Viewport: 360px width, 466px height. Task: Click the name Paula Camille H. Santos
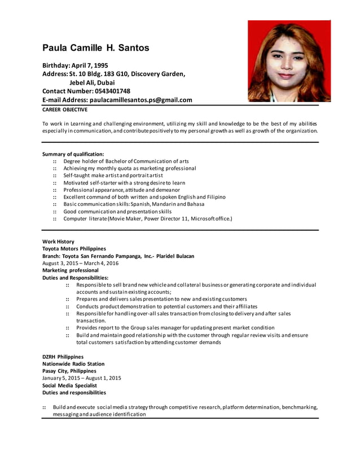96,48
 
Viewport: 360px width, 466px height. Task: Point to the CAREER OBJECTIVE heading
65,109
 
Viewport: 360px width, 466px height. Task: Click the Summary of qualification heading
73,154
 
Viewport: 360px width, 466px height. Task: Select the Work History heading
58,241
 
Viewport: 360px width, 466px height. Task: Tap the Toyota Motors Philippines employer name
74,249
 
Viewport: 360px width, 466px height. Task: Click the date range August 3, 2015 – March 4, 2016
81,263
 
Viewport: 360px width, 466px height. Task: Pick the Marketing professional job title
70,270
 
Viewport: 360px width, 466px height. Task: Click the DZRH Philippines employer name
63,357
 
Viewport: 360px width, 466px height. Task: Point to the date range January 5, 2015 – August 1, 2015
81,378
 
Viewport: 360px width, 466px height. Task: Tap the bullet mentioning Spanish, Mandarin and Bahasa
134,204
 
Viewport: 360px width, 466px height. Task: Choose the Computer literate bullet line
147,218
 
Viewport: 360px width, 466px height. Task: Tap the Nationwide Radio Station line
73,364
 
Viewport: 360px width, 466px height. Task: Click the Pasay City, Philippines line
69,371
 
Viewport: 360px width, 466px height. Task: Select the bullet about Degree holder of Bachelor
126,161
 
